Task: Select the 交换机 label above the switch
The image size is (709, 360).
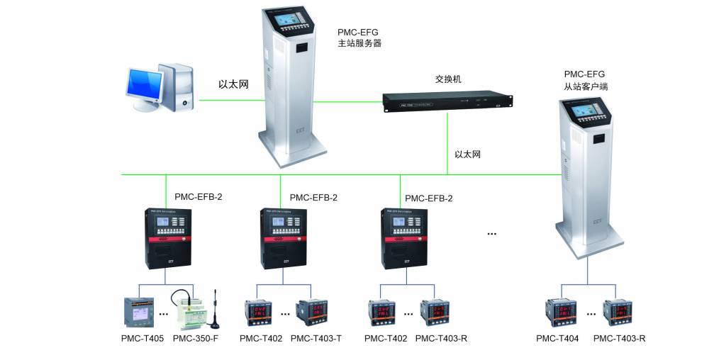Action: (447, 79)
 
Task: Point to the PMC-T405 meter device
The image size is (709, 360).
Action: (138, 311)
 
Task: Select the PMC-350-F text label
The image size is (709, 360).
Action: (195, 339)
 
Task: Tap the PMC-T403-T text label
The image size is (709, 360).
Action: (316, 339)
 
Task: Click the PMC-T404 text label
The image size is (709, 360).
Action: (557, 339)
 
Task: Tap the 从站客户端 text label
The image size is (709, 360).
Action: (586, 86)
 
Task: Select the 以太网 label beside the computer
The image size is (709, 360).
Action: (233, 84)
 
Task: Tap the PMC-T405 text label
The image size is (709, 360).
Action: (143, 339)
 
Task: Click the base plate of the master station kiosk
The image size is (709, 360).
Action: (292, 154)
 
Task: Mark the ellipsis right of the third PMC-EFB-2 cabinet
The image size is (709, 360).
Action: (491, 232)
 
